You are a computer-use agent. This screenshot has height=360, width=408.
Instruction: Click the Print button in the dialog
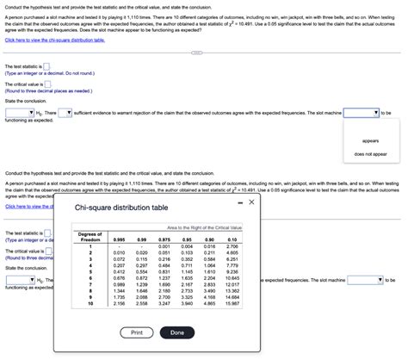click(137, 332)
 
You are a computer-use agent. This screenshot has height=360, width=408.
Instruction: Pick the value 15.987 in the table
click(232, 304)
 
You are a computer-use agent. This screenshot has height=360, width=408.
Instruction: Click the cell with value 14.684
click(232, 297)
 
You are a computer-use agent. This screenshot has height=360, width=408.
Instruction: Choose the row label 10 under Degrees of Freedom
click(90, 304)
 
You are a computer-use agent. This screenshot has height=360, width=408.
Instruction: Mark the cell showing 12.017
click(232, 284)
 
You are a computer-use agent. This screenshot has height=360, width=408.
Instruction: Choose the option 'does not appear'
click(370, 154)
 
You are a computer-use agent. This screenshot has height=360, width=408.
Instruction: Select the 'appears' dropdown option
click(370, 140)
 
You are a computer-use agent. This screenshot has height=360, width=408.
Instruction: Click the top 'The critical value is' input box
click(47, 84)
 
